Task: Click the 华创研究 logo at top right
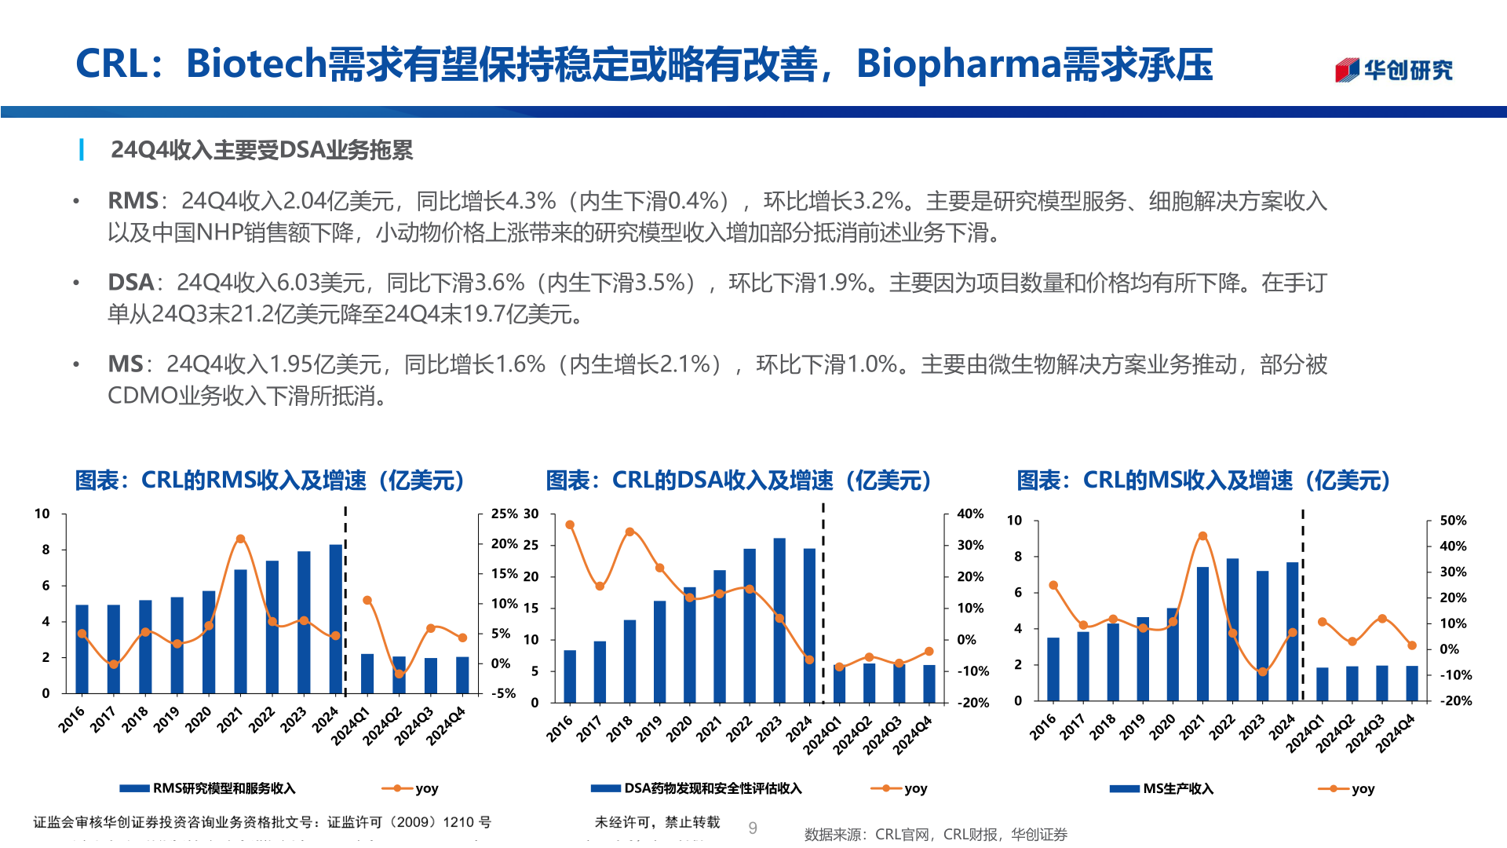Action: coord(1394,70)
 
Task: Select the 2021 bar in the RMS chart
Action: coord(240,631)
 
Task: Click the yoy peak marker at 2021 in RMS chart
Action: coord(240,539)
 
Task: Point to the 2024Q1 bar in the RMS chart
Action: coord(367,673)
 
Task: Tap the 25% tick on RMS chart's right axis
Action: coord(503,514)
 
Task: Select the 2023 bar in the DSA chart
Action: coord(779,620)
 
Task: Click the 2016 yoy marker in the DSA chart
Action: coord(570,525)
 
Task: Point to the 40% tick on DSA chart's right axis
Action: coord(970,514)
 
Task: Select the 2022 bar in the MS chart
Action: coord(1232,629)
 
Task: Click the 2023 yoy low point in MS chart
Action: coord(1262,672)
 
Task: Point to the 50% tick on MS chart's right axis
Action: coord(1453,521)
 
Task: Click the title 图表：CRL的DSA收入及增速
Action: coord(738,481)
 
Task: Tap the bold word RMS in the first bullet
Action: coord(133,201)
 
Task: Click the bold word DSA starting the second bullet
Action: coord(130,283)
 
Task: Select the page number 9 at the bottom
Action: coord(753,828)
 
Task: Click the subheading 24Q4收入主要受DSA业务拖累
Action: coord(261,149)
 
